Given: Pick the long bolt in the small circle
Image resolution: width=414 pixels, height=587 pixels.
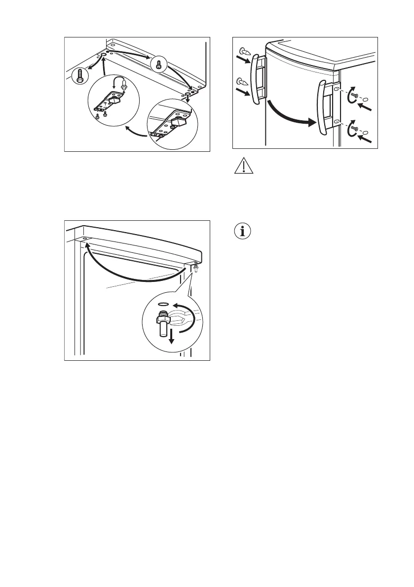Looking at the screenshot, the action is (x=80, y=76).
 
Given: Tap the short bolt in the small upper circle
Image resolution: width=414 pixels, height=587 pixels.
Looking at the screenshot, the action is (x=158, y=64).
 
